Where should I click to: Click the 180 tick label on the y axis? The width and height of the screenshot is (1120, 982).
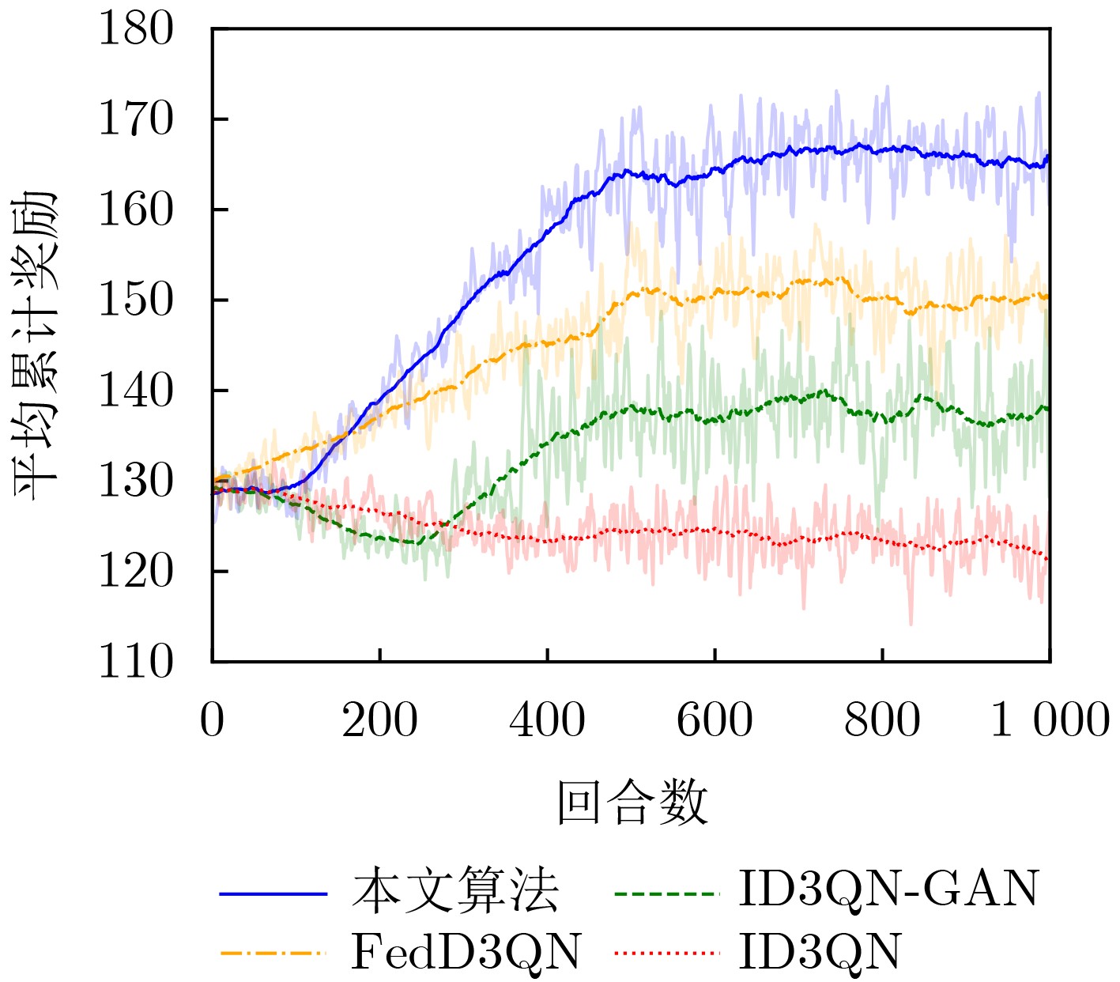135,30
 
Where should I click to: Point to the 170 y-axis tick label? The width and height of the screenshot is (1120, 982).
135,120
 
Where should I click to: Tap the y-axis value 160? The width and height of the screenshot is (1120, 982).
135,210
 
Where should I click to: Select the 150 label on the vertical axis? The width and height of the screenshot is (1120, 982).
135,300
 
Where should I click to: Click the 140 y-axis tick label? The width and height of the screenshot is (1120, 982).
135,391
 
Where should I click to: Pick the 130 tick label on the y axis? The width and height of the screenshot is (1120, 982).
135,482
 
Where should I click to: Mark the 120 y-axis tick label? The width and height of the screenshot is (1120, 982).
135,572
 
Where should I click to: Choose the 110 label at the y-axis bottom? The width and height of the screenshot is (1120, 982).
135,662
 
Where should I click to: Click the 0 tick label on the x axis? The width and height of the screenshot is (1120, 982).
212,720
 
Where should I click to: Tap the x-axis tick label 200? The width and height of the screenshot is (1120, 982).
379,720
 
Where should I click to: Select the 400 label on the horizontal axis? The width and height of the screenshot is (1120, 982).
547,720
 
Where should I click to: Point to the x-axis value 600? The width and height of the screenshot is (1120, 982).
715,720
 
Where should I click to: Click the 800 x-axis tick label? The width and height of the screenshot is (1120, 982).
882,720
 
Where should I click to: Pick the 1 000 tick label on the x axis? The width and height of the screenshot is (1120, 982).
1050,720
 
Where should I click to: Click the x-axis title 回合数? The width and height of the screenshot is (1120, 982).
632,803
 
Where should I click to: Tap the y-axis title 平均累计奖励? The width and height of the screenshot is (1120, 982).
36,345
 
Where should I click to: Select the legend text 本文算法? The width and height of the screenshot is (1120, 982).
455,892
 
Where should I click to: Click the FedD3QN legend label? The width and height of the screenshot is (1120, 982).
466,952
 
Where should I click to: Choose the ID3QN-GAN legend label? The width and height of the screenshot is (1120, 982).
888,889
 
